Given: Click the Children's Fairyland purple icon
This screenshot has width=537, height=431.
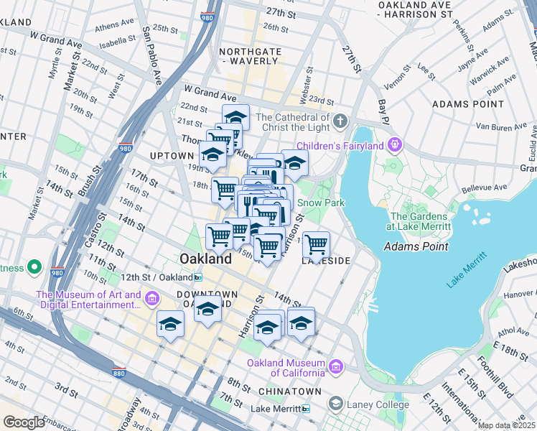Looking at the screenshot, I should pyautogui.click(x=393, y=147).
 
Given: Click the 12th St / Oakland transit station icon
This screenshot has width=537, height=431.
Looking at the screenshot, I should pyautogui.click(x=197, y=277).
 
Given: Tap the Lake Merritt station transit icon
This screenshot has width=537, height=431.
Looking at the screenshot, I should pyautogui.click(x=306, y=409).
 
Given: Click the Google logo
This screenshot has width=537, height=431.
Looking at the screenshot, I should pyautogui.click(x=24, y=422).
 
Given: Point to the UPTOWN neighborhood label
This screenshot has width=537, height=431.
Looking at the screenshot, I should pyautogui.click(x=172, y=156).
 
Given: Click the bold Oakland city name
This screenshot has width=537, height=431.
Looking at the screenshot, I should pyautogui.click(x=205, y=259).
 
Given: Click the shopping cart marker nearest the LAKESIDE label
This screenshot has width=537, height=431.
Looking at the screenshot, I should pyautogui.click(x=316, y=245).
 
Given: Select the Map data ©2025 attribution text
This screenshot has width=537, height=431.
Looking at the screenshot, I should pyautogui.click(x=507, y=425).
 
